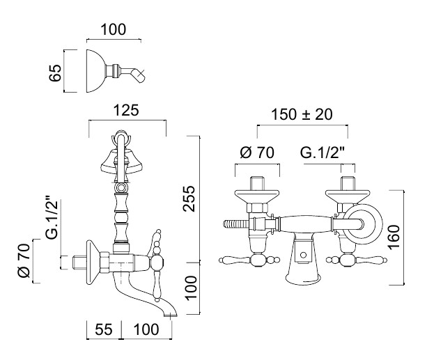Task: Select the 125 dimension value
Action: coord(127,110)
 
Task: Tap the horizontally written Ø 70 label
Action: coord(257,152)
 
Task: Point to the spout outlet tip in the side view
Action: coord(171,314)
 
